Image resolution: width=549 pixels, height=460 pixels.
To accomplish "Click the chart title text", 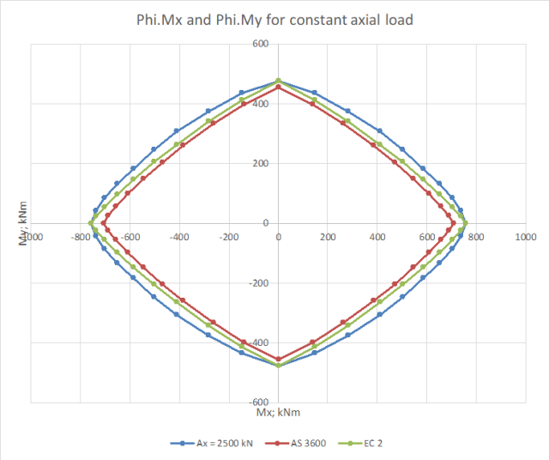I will pos(275,19).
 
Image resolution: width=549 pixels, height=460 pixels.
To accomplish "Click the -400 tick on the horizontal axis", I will pos(179,234).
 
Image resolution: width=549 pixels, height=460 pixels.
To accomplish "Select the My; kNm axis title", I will pos(23,227).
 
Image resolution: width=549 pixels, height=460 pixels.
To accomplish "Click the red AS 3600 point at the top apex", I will pos(279,87).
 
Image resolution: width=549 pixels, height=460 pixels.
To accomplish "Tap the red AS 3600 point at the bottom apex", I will pos(279,359).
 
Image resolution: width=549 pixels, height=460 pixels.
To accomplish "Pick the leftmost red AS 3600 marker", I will pos(104,223).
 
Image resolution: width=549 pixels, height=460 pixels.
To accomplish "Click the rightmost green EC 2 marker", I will pos(466,223).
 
